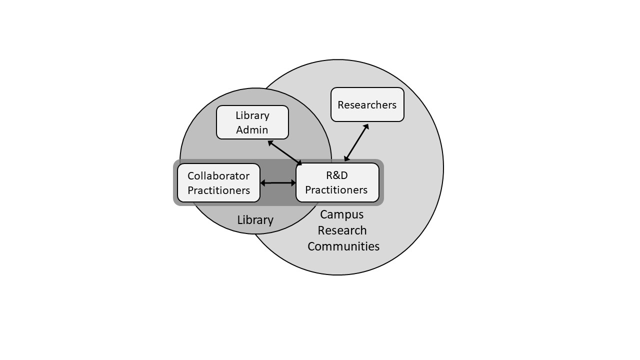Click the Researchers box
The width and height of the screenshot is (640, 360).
(x=367, y=104)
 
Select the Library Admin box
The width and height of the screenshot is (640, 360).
(x=252, y=122)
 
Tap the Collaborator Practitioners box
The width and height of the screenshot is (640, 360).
(x=219, y=183)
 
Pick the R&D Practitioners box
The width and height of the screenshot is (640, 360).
(x=337, y=182)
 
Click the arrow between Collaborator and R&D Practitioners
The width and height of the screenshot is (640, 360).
(x=278, y=183)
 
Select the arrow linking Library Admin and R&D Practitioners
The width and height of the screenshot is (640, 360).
(x=285, y=153)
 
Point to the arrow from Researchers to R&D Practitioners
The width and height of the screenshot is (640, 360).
(x=356, y=142)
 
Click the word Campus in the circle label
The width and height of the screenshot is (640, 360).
(x=341, y=215)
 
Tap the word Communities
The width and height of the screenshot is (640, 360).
(x=343, y=246)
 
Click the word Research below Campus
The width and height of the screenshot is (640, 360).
(x=342, y=230)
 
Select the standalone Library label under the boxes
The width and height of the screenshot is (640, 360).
(x=255, y=220)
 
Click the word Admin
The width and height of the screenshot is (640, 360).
(x=252, y=129)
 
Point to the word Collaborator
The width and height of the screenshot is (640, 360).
(x=218, y=175)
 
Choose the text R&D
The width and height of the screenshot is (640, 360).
(x=337, y=175)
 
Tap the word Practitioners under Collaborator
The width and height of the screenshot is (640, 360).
(x=219, y=190)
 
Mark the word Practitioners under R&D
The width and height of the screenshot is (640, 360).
(x=336, y=189)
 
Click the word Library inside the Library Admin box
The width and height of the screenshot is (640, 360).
(x=252, y=115)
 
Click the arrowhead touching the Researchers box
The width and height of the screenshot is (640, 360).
(x=366, y=126)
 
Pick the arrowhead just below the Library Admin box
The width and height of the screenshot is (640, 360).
(x=270, y=142)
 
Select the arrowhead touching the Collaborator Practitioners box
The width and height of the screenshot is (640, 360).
(x=263, y=183)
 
